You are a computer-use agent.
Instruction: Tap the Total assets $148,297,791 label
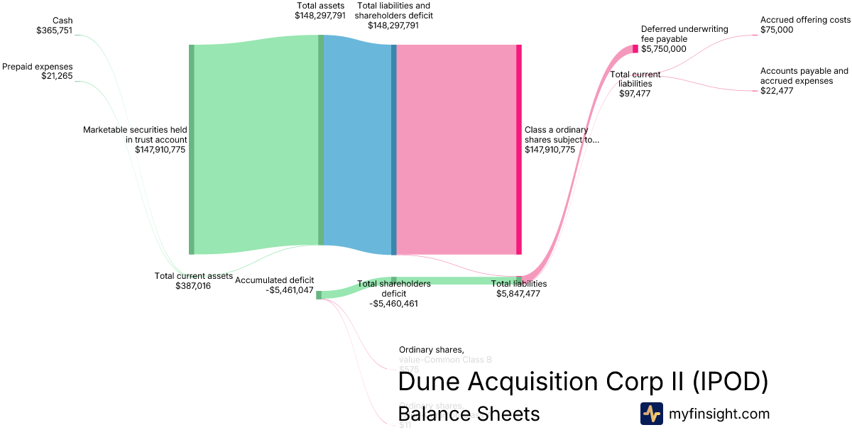coord(320,10)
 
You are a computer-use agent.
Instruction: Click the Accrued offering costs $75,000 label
coord(805,25)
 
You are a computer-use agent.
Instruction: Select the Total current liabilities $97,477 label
coord(635,84)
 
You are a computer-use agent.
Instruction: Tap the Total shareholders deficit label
coord(394,293)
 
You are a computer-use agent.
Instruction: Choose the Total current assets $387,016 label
coord(193,281)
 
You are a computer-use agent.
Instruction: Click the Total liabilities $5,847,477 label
coord(519,288)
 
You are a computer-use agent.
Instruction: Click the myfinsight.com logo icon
coord(651,414)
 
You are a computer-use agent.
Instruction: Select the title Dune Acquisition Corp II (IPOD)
coord(583,381)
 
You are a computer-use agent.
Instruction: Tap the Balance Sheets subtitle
coord(469,414)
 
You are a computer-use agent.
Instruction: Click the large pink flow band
coord(456,149)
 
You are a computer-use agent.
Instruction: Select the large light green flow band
coord(256,149)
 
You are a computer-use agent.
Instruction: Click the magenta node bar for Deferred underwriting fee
coord(635,48)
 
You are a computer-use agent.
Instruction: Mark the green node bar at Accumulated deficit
coord(319,294)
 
